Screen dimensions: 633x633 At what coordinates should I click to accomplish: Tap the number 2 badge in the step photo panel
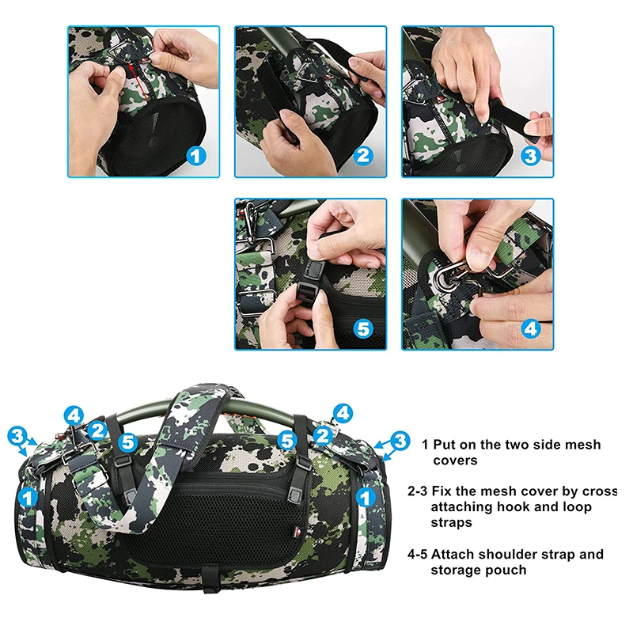tap(363, 156)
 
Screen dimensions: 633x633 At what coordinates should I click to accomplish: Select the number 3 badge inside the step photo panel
tap(530, 156)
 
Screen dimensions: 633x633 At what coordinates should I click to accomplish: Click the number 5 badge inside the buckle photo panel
tap(363, 329)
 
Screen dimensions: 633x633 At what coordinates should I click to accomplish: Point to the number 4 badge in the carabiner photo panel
tap(530, 329)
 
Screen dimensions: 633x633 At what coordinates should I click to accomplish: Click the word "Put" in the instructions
tap(445, 445)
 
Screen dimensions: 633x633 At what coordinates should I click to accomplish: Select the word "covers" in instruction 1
tap(455, 461)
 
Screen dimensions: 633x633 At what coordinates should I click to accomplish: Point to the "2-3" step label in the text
tap(417, 491)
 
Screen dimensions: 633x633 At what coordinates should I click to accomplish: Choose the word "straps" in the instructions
tap(451, 522)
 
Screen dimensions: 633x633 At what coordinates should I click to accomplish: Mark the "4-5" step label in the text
tap(417, 555)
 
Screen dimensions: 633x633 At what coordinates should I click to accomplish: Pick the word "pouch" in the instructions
tap(507, 570)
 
